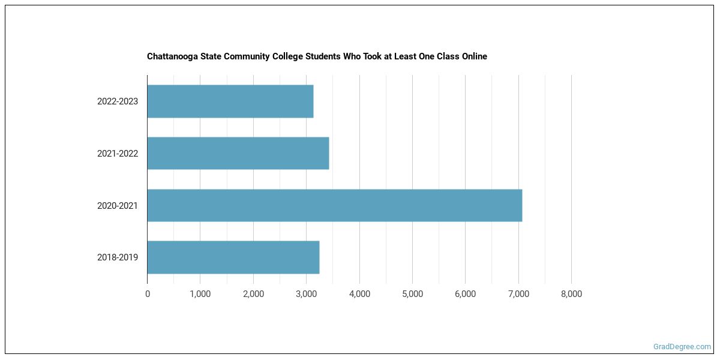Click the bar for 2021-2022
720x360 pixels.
238,153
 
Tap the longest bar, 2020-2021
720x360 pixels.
335,205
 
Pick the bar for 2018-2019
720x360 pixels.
233,257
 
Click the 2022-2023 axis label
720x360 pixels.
118,101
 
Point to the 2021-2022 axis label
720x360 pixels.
118,154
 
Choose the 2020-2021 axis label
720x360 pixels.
118,206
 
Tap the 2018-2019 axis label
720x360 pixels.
118,257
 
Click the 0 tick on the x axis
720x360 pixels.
148,294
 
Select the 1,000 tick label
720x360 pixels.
200,294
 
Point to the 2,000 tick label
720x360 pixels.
253,294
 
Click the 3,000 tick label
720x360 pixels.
306,294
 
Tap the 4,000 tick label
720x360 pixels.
359,294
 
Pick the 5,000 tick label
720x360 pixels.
412,294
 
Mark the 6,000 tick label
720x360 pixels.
465,294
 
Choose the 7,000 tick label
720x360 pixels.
518,294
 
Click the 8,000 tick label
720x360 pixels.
571,294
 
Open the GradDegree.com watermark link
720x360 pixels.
682,347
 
